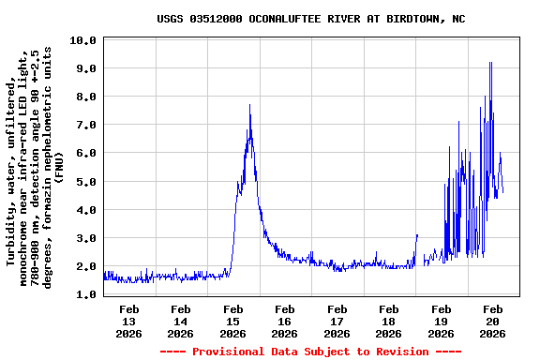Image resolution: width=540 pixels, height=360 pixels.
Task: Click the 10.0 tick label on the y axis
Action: pos(83,40)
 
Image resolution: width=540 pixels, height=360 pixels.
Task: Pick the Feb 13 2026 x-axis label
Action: pos(129,321)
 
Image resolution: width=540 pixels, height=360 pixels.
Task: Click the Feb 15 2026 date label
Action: pos(232,321)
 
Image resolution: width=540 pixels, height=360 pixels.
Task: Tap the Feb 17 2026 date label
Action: pos(337,321)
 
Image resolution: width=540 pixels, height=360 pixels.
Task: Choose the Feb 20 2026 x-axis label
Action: pos(492,321)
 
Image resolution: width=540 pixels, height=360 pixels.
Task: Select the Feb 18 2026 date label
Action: pos(388,321)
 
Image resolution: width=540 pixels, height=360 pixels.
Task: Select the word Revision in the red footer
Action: pos(401,352)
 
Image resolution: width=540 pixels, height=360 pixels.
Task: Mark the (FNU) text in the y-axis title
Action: pos(59,165)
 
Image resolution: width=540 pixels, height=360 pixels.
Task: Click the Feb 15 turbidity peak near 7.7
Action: pos(249,105)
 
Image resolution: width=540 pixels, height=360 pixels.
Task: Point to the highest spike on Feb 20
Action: pos(490,63)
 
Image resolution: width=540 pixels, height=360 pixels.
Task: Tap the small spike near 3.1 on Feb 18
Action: pos(416,235)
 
